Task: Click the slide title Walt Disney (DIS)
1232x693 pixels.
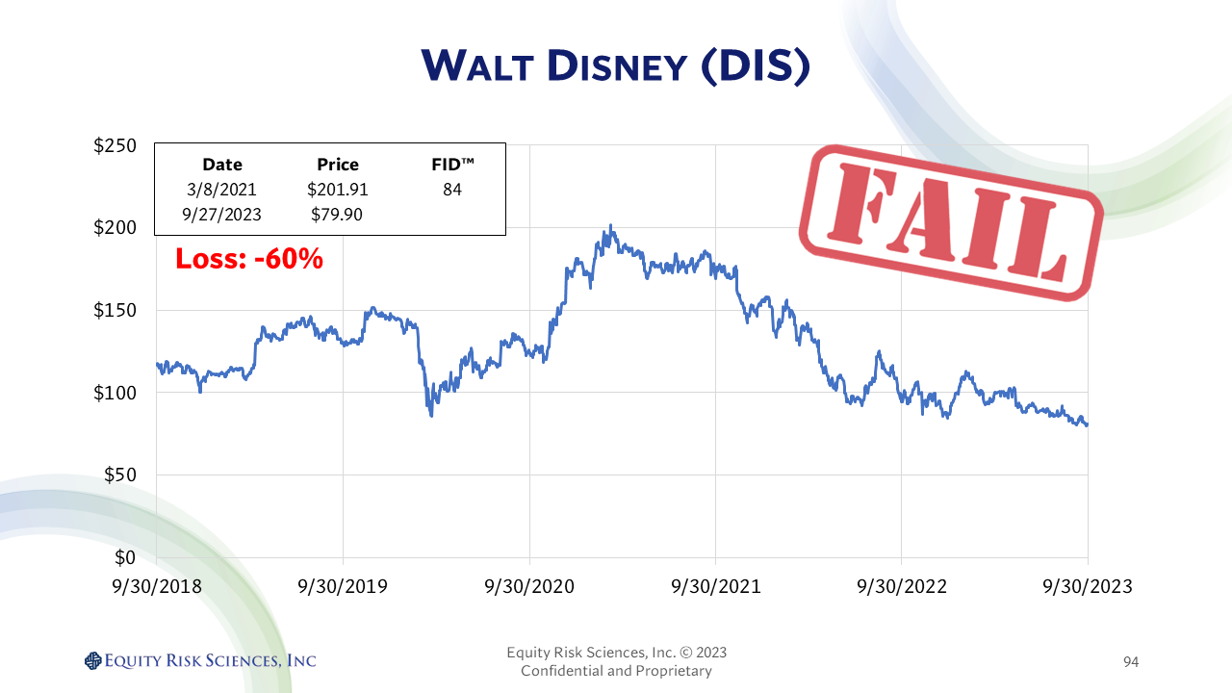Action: pyautogui.click(x=616, y=65)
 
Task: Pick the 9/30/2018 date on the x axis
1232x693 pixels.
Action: pyautogui.click(x=156, y=586)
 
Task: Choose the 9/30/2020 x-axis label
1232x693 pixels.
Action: pyautogui.click(x=529, y=586)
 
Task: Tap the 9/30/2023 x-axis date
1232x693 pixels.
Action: pyautogui.click(x=1088, y=586)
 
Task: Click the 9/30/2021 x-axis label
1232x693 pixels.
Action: pyautogui.click(x=715, y=586)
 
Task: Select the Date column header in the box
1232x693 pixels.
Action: pyautogui.click(x=222, y=165)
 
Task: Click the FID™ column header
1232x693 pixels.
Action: pyautogui.click(x=451, y=165)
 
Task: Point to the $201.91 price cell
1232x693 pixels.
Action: pyautogui.click(x=337, y=190)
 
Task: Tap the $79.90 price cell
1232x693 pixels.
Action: pyautogui.click(x=337, y=215)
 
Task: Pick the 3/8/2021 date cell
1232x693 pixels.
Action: pyautogui.click(x=222, y=190)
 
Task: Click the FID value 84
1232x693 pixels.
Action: pyautogui.click(x=451, y=190)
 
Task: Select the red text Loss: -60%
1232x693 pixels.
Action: pyautogui.click(x=248, y=258)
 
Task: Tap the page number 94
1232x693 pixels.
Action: pyautogui.click(x=1131, y=661)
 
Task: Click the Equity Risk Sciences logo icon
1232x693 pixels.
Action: pyautogui.click(x=93, y=660)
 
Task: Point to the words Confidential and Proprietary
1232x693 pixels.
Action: pyautogui.click(x=616, y=671)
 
